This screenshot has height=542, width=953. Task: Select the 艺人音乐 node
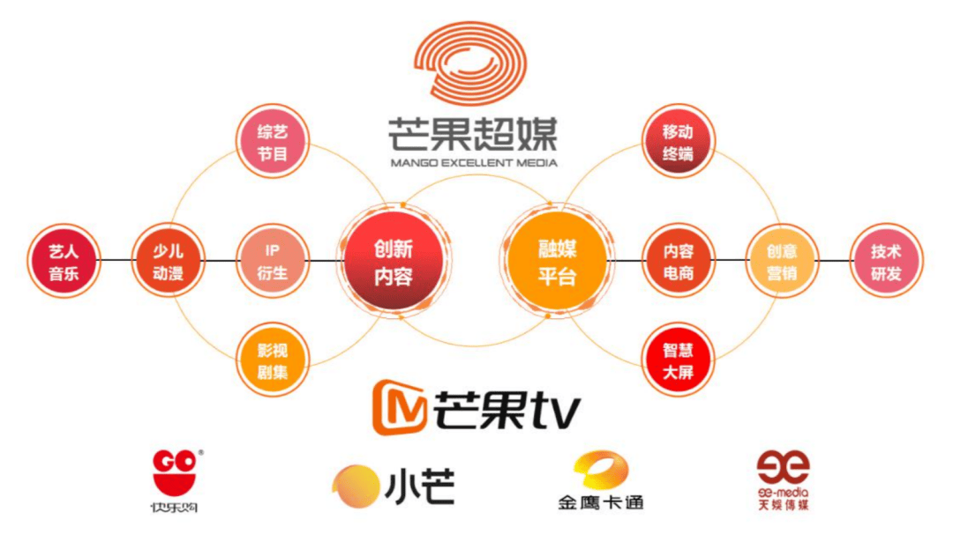[64, 262]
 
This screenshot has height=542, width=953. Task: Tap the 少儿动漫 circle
[169, 262]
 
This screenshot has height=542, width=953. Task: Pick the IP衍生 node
[273, 262]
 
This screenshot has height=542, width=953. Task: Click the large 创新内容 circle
[393, 262]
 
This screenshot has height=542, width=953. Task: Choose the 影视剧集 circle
[273, 360]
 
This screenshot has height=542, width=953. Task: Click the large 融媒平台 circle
[557, 262]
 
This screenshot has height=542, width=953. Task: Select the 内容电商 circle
[678, 262]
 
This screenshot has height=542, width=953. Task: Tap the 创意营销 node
[782, 262]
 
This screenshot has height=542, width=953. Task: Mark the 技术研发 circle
[886, 262]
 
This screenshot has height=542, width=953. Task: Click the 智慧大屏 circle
[678, 360]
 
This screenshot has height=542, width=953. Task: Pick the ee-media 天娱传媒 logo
[783, 480]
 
